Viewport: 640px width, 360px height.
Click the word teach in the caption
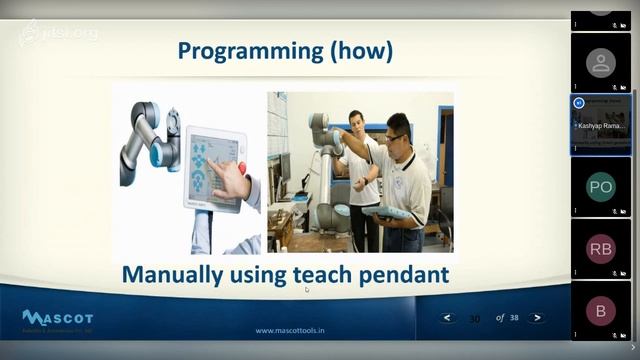tap(317, 273)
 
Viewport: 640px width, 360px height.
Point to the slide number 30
tap(474, 319)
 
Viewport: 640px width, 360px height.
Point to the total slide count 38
tap(514, 318)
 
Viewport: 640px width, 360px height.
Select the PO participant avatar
tap(600, 187)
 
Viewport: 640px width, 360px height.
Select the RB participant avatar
tap(600, 249)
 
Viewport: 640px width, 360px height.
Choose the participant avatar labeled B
tap(600, 311)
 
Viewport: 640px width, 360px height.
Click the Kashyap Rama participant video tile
tap(601, 125)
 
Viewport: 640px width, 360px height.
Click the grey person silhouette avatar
tap(600, 63)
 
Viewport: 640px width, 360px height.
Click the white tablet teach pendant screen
tap(212, 165)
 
